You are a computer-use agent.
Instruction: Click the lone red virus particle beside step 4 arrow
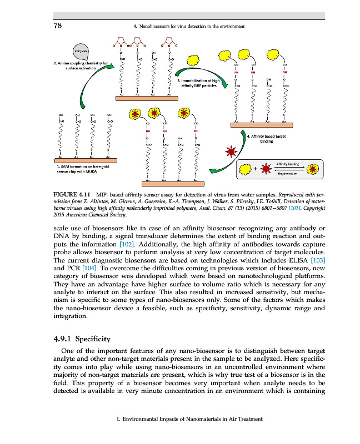pos(230,152)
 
